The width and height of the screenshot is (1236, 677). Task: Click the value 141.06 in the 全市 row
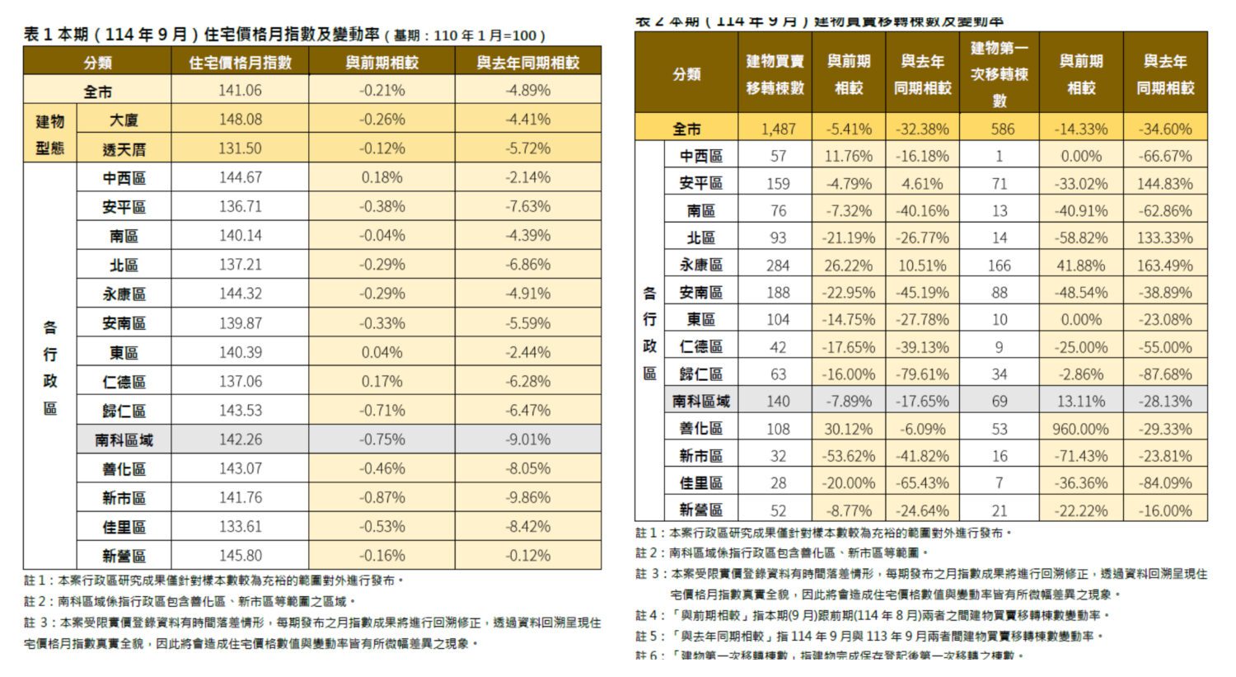coord(240,91)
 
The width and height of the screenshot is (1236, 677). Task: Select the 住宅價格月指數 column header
coord(240,63)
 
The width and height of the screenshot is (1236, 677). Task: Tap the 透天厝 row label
coord(124,149)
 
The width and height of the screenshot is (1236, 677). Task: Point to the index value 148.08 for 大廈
coord(240,120)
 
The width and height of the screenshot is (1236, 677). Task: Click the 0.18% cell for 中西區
coord(382,177)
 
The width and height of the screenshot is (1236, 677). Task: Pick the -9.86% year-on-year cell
coord(527,497)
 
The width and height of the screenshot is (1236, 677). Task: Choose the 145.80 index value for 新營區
coord(240,556)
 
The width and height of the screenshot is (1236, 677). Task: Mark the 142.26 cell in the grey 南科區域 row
coord(240,440)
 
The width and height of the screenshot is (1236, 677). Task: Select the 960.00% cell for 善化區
coord(1080,429)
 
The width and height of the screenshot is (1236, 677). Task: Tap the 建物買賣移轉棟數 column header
coord(775,74)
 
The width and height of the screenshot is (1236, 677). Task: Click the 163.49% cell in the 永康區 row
coord(1164,266)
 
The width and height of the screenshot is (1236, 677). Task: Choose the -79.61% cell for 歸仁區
coord(922,374)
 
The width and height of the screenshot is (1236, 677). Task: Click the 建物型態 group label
coord(50,134)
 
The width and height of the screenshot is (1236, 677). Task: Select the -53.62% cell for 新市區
coord(847,456)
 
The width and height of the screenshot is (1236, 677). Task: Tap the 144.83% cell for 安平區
coord(1164,184)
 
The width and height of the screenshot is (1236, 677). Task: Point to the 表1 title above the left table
coord(284,35)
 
